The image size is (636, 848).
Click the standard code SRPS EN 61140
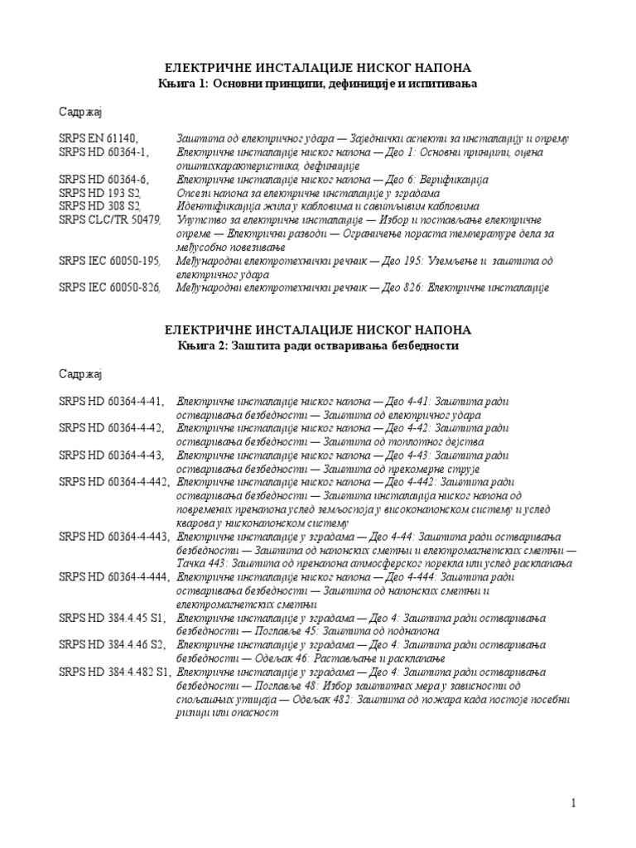[99, 138]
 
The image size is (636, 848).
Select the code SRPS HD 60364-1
[105, 152]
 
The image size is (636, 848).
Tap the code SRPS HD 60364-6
[105, 179]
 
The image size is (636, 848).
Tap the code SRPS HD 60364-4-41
[112, 402]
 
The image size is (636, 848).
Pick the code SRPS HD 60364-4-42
[112, 428]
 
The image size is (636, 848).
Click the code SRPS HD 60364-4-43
[112, 455]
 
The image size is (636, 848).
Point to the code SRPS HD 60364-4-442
[115, 482]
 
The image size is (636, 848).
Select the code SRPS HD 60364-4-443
[115, 536]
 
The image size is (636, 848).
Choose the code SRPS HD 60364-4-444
[115, 577]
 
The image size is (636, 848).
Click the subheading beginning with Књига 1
[318, 84]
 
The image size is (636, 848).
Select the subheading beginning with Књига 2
[318, 345]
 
